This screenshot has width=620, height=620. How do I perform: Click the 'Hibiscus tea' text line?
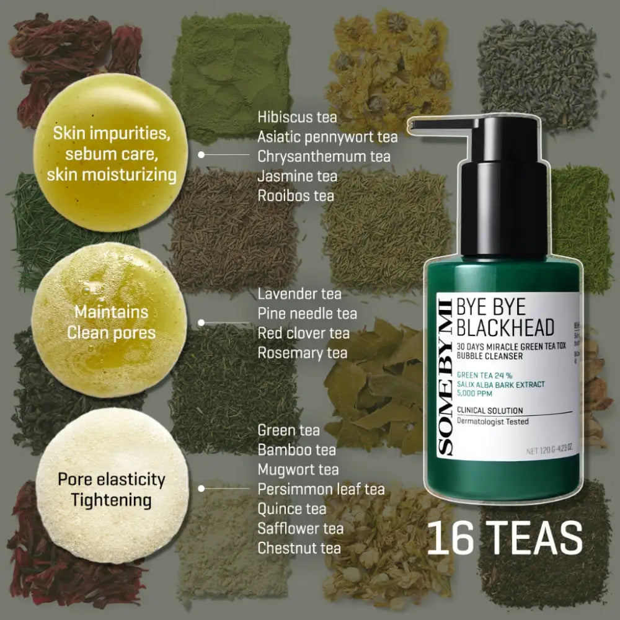297,116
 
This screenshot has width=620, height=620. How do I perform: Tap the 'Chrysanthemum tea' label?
324,156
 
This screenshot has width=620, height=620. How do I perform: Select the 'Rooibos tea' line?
296,195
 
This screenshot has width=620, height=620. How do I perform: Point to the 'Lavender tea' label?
299,293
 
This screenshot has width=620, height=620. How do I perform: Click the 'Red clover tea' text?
303,333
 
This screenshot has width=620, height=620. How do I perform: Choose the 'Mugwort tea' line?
298,469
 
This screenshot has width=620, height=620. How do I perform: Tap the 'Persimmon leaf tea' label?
321,489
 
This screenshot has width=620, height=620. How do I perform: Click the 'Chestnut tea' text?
299,548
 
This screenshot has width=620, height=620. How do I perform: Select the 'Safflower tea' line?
300,528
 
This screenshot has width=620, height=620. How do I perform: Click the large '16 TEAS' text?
505,538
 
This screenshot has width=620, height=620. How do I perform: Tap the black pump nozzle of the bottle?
434,126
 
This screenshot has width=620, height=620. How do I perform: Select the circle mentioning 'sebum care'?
111,154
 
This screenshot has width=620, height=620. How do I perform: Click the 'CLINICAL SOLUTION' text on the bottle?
489,410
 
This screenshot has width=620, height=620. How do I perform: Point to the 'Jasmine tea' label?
297,175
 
